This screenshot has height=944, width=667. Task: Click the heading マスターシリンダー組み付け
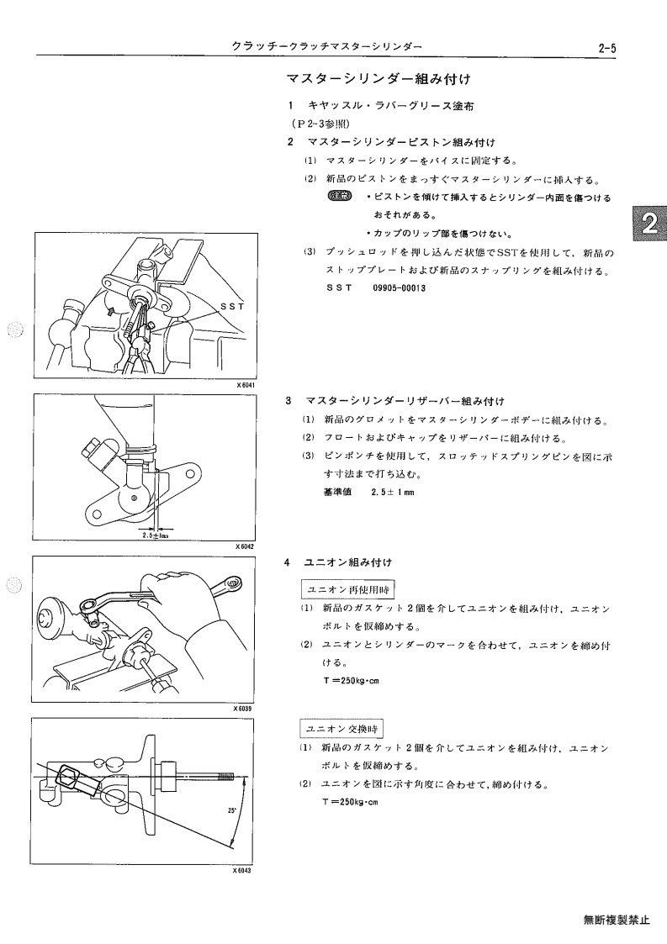coord(378,79)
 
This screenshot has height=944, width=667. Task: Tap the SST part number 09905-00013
coord(399,287)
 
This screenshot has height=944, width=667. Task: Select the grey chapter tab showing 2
coord(648,223)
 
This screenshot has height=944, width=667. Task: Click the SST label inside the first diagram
coord(233,306)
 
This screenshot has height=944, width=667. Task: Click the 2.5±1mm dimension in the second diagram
coord(156,535)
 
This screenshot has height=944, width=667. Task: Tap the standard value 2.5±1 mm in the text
coord(393,492)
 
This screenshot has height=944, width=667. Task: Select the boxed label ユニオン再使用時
coord(347,589)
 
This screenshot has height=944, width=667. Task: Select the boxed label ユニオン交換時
coord(341,729)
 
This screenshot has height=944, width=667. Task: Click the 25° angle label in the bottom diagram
coord(231,810)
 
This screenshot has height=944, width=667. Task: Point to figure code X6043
coord(241,871)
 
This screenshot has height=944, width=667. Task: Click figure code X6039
coord(242,709)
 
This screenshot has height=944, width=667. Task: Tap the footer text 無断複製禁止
coord(617,920)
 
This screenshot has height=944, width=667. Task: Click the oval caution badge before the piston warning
coord(339,196)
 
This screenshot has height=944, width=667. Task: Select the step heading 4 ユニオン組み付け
coord(338,562)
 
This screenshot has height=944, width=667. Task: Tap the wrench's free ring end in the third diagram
coord(230,583)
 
